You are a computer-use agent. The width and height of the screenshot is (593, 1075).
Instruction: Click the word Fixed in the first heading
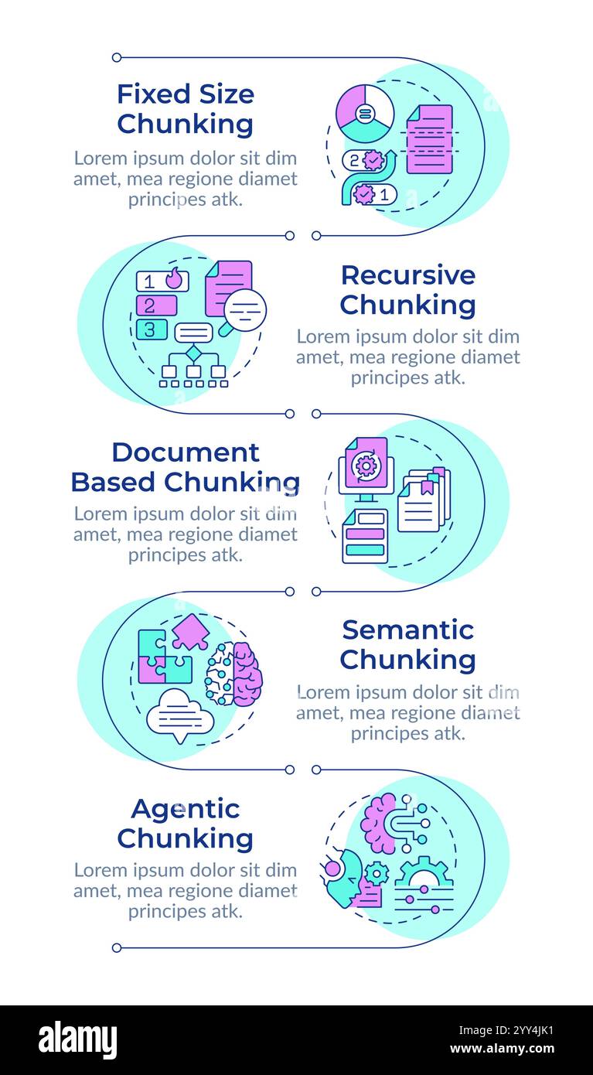pos(154,94)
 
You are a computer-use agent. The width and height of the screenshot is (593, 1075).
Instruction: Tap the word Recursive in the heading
pos(407,275)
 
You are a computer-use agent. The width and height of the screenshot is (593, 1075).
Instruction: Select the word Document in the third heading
pos(186,452)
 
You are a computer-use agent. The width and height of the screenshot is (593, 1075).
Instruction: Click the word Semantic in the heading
pos(407,630)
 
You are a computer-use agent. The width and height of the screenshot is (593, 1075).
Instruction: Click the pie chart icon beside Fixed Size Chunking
pos(365,113)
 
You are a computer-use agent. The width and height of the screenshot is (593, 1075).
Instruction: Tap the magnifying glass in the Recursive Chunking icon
pos(243,312)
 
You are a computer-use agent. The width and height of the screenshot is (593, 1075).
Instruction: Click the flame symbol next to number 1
pos(174,278)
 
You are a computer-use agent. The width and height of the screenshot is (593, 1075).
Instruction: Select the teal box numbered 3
pos(152,329)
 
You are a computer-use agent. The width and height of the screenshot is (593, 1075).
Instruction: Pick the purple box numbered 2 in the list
pos(156,305)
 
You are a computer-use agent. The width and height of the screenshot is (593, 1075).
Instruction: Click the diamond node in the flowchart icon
pos(193,353)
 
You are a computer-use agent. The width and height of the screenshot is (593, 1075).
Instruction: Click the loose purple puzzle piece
pos(190,631)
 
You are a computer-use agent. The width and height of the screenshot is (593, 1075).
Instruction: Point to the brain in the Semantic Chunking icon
pos(233,674)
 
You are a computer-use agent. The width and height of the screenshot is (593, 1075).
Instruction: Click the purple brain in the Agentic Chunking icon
pos(380,824)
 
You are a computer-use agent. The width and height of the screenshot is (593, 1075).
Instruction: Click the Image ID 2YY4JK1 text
pos(506,1030)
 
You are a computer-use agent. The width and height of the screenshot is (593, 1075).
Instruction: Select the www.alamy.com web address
pos(503,1049)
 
